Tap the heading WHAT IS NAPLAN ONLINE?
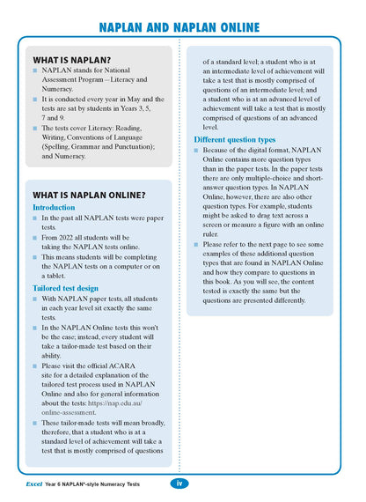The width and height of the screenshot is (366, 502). tap(89, 195)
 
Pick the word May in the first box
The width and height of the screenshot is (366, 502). tap(139, 100)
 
